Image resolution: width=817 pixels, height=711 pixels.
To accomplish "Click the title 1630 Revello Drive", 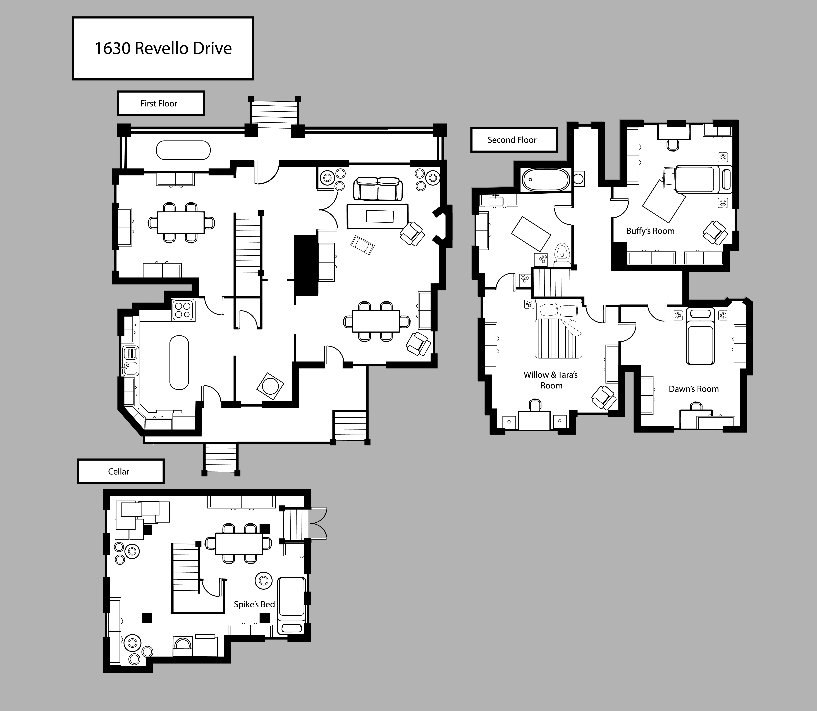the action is (x=163, y=48).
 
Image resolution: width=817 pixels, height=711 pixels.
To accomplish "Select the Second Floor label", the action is (x=512, y=140).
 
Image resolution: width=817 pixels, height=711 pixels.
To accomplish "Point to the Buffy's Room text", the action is (x=650, y=231).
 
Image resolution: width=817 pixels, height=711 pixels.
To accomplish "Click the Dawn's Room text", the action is (x=694, y=389).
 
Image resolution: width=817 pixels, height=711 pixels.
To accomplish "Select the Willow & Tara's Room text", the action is (x=551, y=380).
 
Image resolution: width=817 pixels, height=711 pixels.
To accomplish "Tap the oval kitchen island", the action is (x=179, y=363).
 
